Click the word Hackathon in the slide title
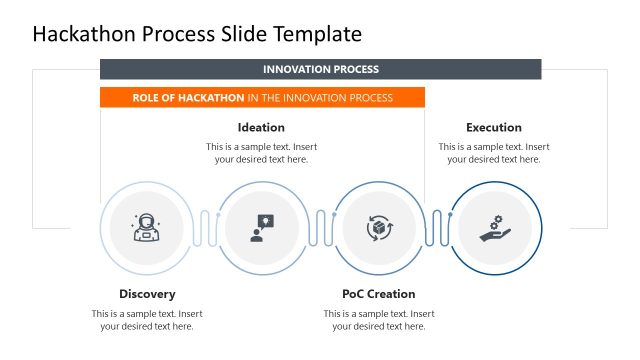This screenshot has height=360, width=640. (x=87, y=34)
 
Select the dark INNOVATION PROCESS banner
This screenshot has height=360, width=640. (x=320, y=70)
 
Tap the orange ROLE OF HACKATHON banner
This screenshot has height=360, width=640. (x=262, y=98)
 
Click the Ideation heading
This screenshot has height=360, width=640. (x=261, y=127)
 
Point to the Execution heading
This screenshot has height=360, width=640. (x=493, y=127)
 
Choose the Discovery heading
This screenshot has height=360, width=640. (x=147, y=294)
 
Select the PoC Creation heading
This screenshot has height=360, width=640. (x=378, y=294)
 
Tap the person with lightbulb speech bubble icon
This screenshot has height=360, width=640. (x=262, y=228)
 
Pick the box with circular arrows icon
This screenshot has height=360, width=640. (x=379, y=228)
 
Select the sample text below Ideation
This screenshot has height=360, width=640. (x=261, y=153)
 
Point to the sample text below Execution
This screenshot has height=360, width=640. (x=493, y=153)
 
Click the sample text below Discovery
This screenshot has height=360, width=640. (x=147, y=320)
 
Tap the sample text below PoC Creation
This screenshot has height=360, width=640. (x=378, y=320)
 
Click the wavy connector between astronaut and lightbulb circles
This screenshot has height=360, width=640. (x=205, y=228)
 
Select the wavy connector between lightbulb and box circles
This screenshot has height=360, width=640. (x=321, y=228)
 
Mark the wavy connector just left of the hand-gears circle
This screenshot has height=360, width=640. (x=437, y=228)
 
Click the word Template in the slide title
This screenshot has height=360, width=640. (x=314, y=34)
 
